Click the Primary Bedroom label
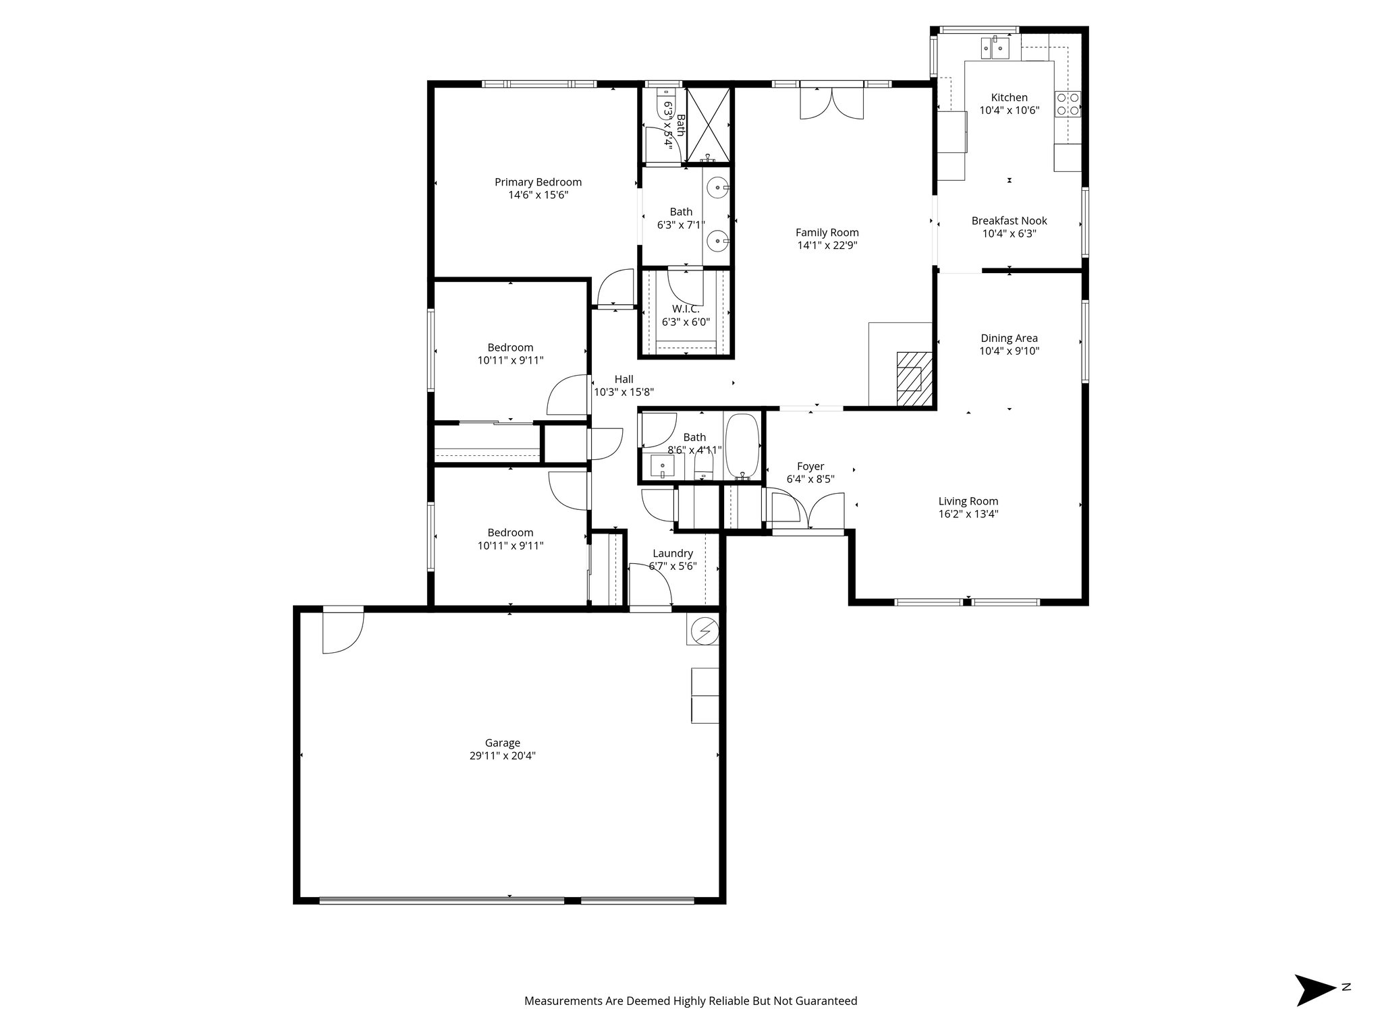point(538,182)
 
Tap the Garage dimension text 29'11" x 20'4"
point(502,756)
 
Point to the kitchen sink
point(995,47)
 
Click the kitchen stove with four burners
point(1068,105)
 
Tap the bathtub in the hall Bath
point(742,447)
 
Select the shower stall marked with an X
point(708,125)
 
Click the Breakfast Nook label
point(1009,221)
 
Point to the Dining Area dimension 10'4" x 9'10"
point(1009,351)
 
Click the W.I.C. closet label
point(685,309)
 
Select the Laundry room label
point(672,553)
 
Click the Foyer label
point(810,466)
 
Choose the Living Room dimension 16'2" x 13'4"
point(968,514)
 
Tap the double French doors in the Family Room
point(831,103)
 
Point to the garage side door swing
point(343,631)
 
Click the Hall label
point(624,379)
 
